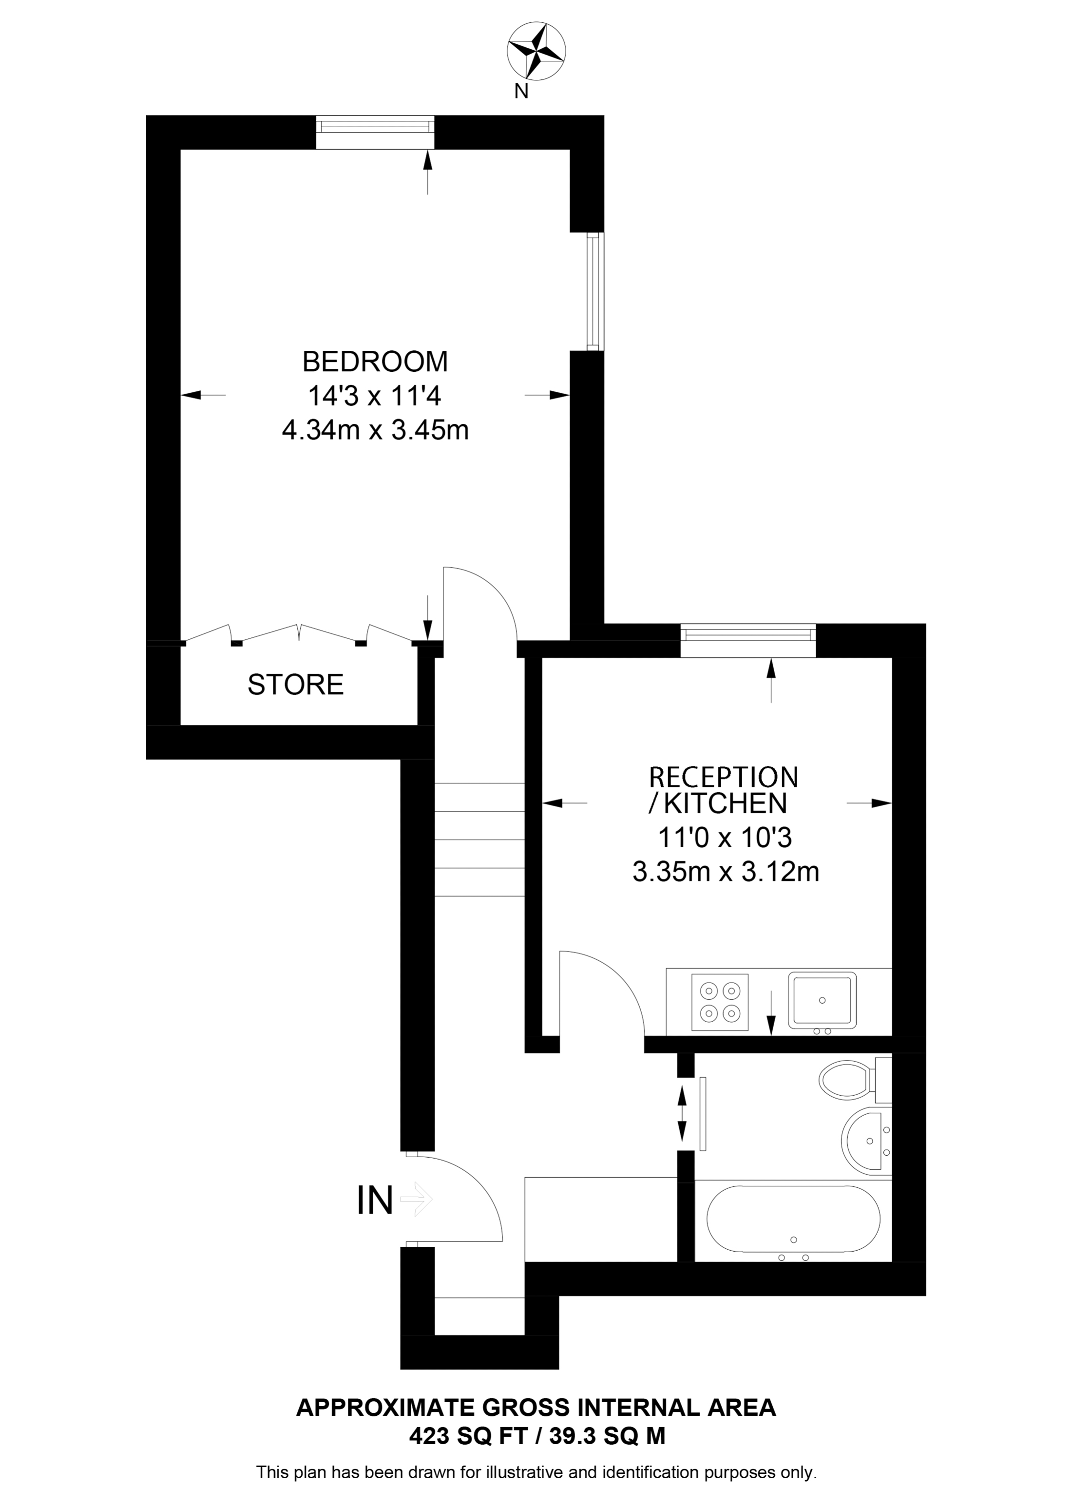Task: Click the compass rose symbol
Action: [x=536, y=51]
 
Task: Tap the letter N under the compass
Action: [x=521, y=91]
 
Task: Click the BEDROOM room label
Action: [x=375, y=361]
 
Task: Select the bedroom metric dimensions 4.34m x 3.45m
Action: [x=375, y=431]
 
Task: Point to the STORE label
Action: [x=295, y=685]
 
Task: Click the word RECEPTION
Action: [x=723, y=777]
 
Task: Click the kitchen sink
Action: [x=822, y=1000]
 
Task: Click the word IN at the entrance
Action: [x=374, y=1201]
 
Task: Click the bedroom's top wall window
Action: [x=375, y=133]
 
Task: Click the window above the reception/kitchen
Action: [x=748, y=641]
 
